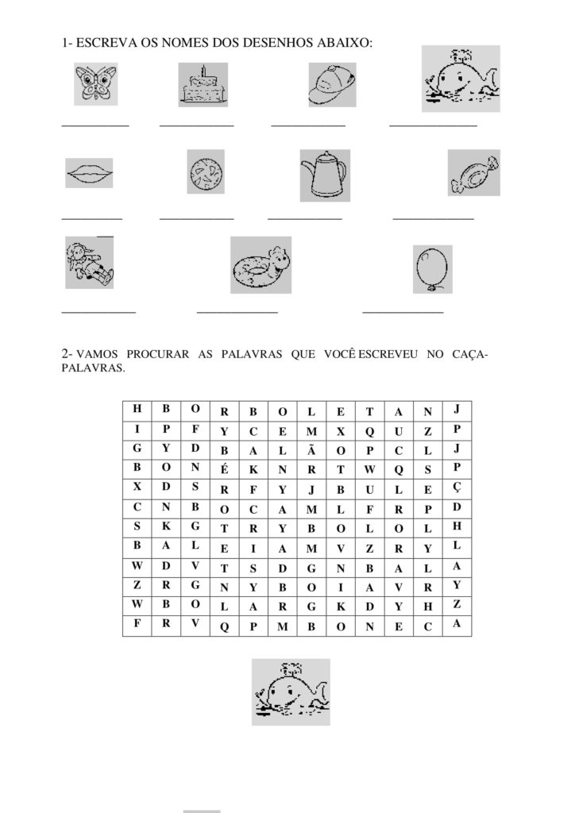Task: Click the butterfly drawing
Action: [x=95, y=83]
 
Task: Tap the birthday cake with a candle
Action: [x=203, y=84]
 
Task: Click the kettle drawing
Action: [x=325, y=175]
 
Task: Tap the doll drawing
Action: [x=89, y=263]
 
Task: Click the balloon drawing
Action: [x=432, y=268]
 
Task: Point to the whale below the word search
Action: [x=290, y=692]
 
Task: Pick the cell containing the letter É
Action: [x=224, y=468]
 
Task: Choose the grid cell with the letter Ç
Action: [x=457, y=487]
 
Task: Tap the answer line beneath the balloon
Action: [x=403, y=312]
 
